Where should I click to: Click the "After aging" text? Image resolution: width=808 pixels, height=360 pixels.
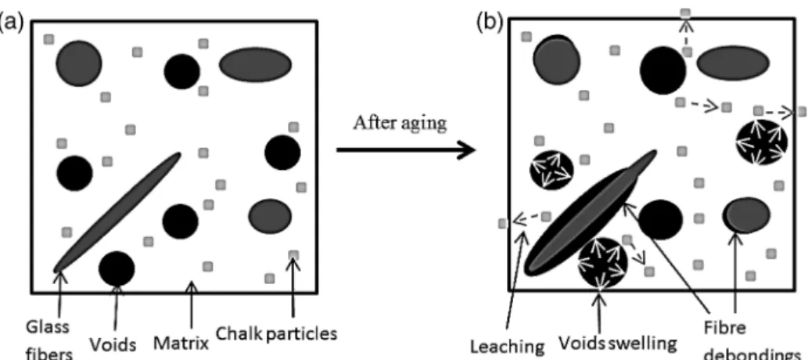[x=400, y=124]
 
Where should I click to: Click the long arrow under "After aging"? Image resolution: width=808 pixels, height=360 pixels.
[x=405, y=150]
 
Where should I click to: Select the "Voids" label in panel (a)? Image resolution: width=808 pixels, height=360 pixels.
[x=113, y=344]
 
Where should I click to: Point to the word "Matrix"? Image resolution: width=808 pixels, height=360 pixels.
[x=181, y=343]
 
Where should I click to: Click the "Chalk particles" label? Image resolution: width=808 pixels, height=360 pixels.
[x=276, y=333]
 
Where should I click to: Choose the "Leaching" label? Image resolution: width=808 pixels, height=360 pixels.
[x=507, y=347]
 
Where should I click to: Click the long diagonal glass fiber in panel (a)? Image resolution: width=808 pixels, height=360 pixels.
[x=117, y=212]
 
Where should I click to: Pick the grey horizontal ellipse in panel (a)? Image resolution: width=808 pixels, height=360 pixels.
[x=256, y=64]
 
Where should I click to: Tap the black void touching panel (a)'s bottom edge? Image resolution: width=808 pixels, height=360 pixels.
[x=117, y=268]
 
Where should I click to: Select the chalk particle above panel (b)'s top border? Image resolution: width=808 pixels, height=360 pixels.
[x=685, y=13]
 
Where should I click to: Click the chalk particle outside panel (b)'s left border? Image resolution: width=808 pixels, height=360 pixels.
[x=503, y=223]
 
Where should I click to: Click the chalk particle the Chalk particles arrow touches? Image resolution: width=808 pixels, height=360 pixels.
[x=293, y=255]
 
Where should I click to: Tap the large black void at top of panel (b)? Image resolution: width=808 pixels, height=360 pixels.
[x=663, y=70]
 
